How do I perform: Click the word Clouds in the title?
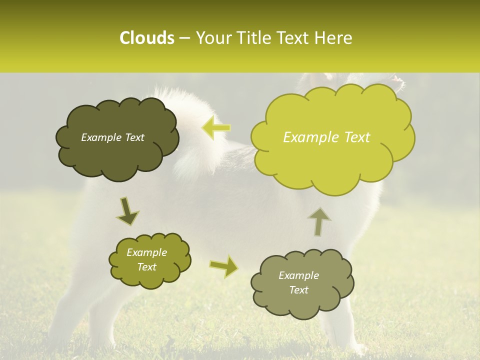pyautogui.click(x=146, y=38)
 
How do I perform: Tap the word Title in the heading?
pyautogui.click(x=253, y=38)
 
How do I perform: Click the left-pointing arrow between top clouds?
pyautogui.click(x=216, y=127)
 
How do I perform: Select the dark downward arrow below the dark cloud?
pyautogui.click(x=127, y=211)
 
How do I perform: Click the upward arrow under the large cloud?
pyautogui.click(x=319, y=222)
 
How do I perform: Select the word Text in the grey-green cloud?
pyautogui.click(x=298, y=290)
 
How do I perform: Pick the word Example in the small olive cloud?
pyautogui.click(x=146, y=252)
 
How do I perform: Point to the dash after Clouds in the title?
pyautogui.click(x=184, y=38)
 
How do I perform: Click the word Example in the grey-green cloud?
pyautogui.click(x=298, y=275)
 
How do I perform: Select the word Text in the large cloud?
pyautogui.click(x=356, y=137)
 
